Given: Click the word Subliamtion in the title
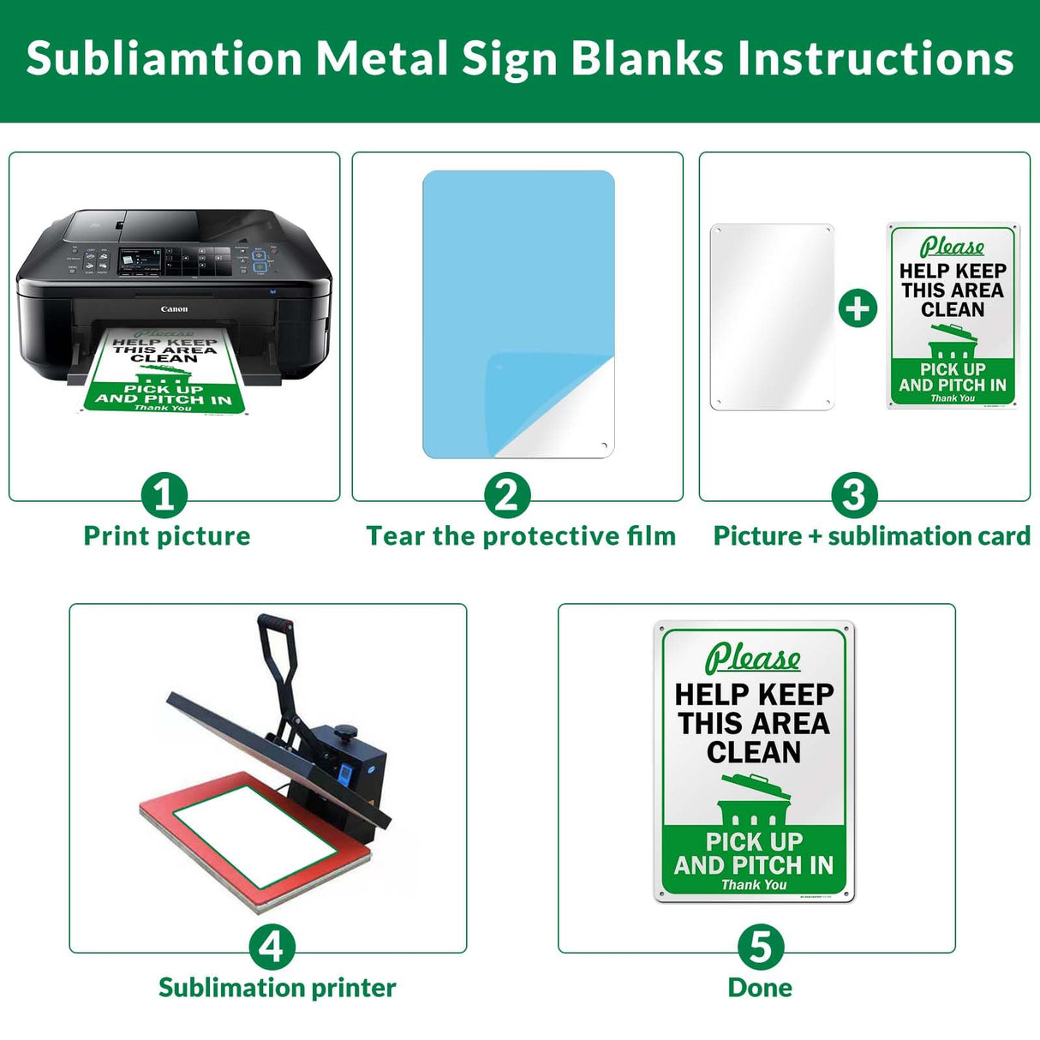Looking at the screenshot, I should coord(164,58).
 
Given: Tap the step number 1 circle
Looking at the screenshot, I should coord(164,495).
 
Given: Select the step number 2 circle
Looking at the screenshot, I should coord(507,495).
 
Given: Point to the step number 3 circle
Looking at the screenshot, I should coord(854,495).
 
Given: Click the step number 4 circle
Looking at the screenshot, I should coord(272,947).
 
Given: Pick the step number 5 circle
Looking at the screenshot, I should coord(761,947).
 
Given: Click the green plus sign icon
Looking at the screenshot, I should coord(858,308).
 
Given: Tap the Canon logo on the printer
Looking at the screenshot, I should coord(174,308).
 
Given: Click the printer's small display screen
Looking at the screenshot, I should coord(140,258).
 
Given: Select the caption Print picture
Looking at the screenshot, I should coord(167,536).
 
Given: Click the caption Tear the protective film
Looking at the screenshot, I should coord(521,536).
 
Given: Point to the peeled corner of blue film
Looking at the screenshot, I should coord(548,403).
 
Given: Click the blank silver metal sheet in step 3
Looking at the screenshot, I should coord(772,317).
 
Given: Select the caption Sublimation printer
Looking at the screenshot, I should coord(277,988).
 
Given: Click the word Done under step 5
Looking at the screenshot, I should coord(760,988).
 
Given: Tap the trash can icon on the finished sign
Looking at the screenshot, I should coord(754,801).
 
